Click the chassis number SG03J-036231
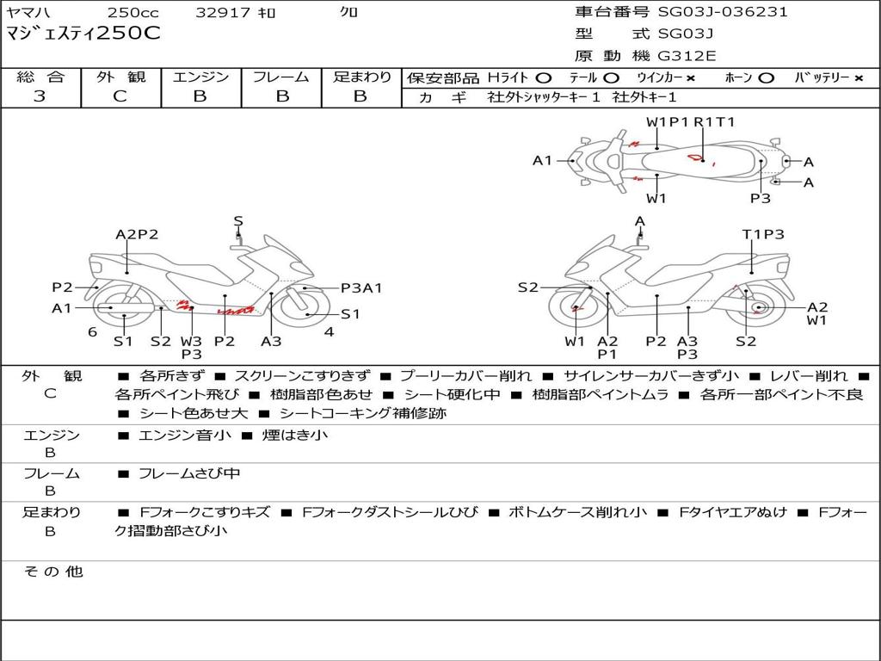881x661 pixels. coord(723,12)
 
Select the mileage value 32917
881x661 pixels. coord(223,13)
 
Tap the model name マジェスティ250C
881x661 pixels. coord(83,34)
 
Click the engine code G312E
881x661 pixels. coord(687,56)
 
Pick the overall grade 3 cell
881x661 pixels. coord(40,96)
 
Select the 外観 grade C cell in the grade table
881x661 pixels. coord(120,96)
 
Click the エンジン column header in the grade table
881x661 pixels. coord(200,77)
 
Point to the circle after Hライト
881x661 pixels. coord(544,77)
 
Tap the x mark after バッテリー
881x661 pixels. coord(859,77)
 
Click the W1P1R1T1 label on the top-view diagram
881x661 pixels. coord(691,122)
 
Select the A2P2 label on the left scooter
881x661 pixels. coord(137,234)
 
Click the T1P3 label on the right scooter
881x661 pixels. coord(763,234)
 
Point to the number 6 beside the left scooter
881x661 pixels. coord(92,331)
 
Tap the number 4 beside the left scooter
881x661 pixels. coord(329,331)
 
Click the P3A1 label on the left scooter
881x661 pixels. coord(361,288)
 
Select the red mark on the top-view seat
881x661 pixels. coord(694,158)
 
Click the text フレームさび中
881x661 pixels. coord(189,473)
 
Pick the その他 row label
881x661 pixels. coord(52,571)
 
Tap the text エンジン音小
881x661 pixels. coord(184,436)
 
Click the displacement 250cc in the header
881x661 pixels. coord(132,13)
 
